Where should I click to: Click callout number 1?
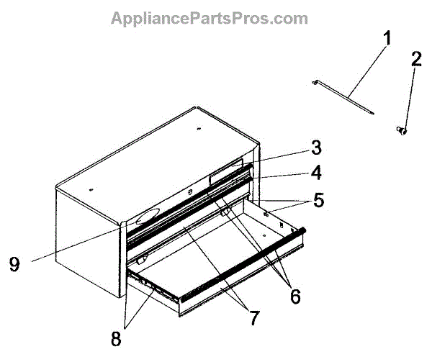(x=387, y=38)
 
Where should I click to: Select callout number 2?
(x=416, y=58)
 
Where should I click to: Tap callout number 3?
(x=316, y=148)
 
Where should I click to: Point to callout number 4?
(x=316, y=173)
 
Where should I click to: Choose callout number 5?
(x=318, y=200)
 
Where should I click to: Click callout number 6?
(x=295, y=297)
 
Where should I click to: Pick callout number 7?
(x=254, y=318)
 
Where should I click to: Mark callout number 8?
(x=116, y=338)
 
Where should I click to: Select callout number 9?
(x=14, y=264)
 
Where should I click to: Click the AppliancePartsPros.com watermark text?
(x=210, y=18)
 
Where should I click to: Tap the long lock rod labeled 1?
(x=343, y=97)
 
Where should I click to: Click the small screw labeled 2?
(x=402, y=130)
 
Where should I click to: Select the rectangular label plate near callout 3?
(x=226, y=172)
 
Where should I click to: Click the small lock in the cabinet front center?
(x=189, y=192)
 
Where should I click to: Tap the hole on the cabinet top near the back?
(x=199, y=129)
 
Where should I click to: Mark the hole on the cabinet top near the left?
(x=91, y=189)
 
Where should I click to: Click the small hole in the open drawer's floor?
(x=264, y=235)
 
